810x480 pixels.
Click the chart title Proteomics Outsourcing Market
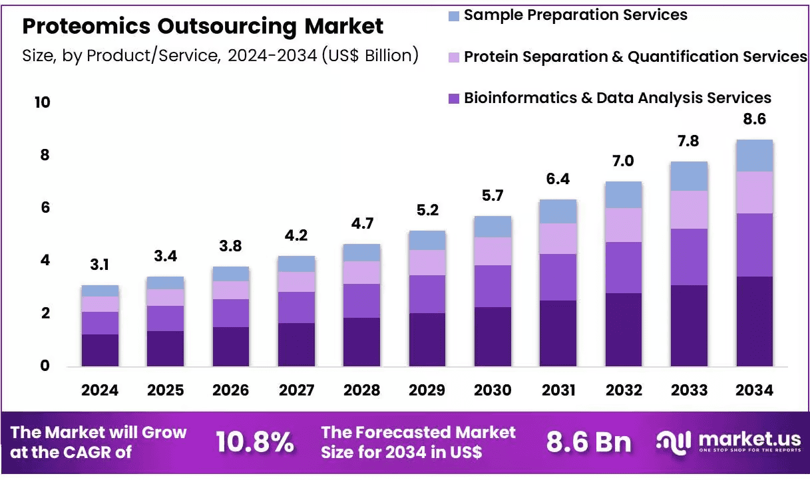[202, 27]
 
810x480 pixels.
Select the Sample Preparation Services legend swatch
[454, 16]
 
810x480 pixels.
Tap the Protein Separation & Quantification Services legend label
[636, 57]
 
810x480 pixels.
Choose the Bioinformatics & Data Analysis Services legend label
[618, 98]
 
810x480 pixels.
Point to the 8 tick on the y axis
[45, 155]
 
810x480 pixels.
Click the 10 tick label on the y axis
[43, 102]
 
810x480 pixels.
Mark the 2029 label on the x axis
[427, 390]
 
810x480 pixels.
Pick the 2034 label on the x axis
[754, 390]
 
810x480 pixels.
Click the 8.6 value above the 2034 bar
[754, 119]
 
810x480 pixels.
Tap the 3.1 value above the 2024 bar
[99, 265]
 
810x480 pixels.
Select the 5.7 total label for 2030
[493, 195]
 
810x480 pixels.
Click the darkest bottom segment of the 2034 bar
[755, 322]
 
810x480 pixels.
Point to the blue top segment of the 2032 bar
[624, 195]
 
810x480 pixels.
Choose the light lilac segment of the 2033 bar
[690, 210]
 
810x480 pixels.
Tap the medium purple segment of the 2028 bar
[361, 301]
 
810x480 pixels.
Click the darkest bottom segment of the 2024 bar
[100, 350]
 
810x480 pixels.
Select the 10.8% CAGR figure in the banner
[255, 442]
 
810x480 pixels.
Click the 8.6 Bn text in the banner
[588, 442]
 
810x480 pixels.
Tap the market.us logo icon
[674, 443]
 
